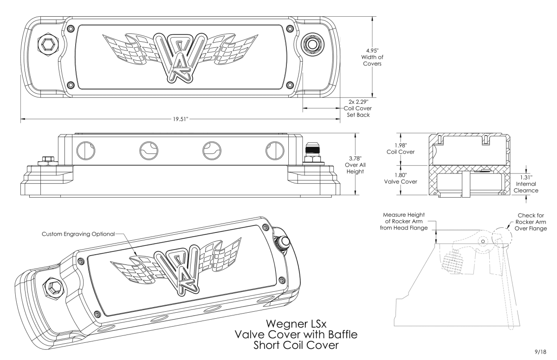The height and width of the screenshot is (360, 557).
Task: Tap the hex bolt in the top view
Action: coord(47,44)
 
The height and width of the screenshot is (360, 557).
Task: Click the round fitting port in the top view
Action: coord(311,45)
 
